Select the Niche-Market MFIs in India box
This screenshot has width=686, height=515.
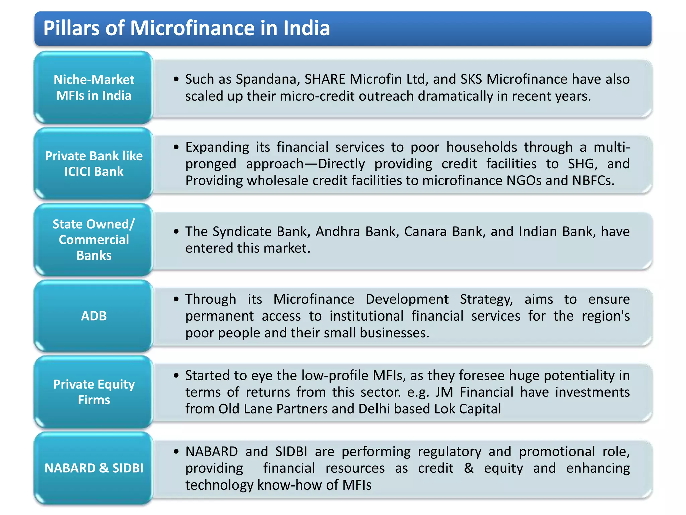[94, 88]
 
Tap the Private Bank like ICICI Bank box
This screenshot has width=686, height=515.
[94, 164]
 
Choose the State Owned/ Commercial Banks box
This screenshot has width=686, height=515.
[94, 240]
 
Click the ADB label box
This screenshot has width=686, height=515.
[94, 316]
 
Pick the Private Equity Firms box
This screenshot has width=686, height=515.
[94, 392]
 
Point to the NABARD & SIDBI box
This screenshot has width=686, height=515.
[94, 468]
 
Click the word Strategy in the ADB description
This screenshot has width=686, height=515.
[486, 299]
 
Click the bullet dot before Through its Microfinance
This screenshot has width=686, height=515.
[176, 299]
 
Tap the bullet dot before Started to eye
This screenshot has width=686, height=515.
[176, 375]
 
